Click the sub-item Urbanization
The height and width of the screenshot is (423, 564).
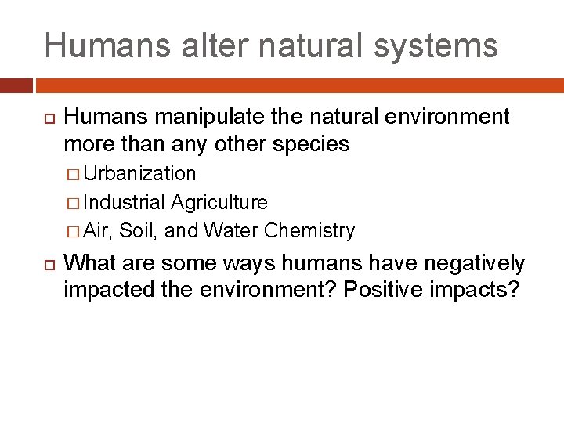139,173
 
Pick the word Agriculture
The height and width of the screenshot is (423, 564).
219,202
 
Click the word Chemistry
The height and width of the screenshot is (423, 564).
309,231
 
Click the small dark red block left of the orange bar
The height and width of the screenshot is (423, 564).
16,85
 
